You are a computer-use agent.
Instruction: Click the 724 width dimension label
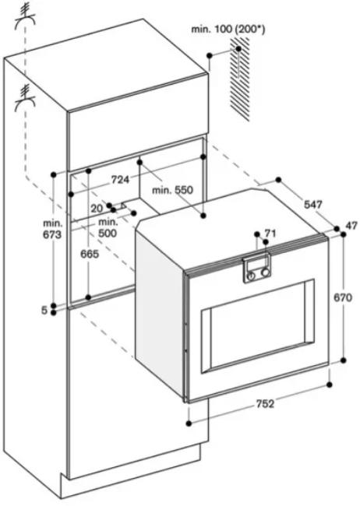pos(120,179)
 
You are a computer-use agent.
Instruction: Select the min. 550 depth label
pos(172,190)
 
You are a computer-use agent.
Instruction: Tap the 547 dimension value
pos(312,204)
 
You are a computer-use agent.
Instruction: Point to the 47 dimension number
pos(351,225)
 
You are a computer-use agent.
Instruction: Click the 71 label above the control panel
pos(270,233)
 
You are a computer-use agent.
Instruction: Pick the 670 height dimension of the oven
pos(343,297)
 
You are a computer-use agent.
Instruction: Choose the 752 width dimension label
pos(265,403)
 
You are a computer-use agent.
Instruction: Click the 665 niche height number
pos(89,254)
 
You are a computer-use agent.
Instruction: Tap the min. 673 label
pos(52,228)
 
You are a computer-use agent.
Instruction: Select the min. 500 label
pos(108,227)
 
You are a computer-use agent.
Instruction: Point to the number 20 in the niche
pos(97,208)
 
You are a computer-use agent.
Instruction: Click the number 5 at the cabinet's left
pos(44,311)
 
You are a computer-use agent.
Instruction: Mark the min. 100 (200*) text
pos(228,30)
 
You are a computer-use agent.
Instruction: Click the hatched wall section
pos(239,77)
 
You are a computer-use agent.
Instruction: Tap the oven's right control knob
pos(266,272)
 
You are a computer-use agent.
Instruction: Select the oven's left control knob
pos(251,276)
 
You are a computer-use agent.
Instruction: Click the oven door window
pos(258,326)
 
